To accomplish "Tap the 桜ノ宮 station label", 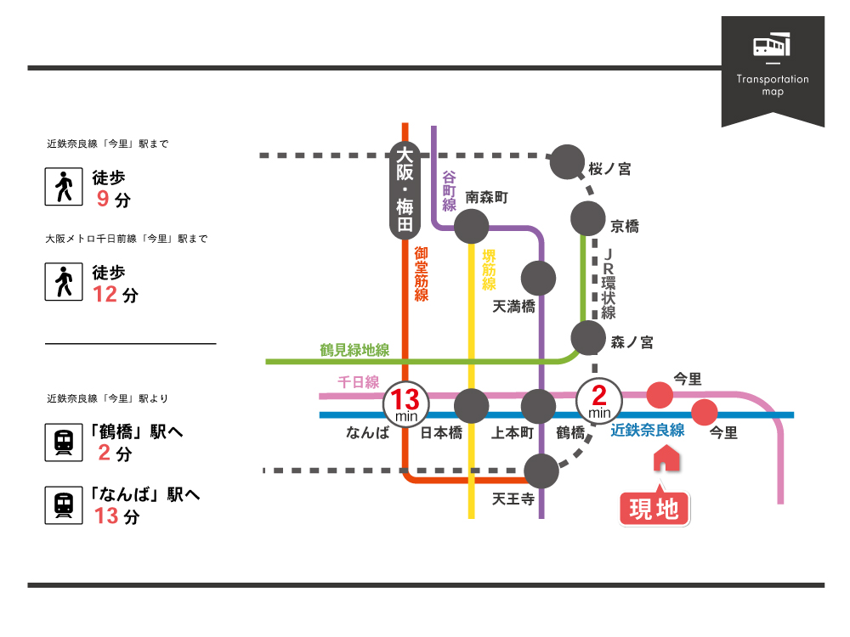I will (609, 169).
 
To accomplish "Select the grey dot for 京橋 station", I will (586, 219).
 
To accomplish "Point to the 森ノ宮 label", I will (632, 342).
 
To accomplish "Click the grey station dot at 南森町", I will (471, 227).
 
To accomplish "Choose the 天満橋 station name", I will (514, 307).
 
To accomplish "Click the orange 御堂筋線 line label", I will (422, 273).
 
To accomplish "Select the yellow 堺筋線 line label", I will (489, 271).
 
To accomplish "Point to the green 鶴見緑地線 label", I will (354, 349).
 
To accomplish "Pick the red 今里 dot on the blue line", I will (704, 413).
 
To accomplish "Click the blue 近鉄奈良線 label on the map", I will (648, 430).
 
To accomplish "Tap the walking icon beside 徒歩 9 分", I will (64, 187).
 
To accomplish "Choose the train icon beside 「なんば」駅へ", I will (64, 505).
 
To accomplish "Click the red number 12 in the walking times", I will (105, 295).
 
